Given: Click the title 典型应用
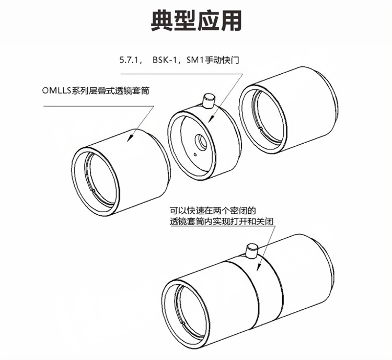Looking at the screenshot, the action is (196, 20).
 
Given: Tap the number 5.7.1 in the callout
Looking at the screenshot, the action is (129, 61).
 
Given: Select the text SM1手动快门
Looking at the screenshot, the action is (213, 61).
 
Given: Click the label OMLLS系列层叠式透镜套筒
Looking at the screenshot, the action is (96, 90).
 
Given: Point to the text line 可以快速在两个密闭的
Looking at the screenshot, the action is (213, 211).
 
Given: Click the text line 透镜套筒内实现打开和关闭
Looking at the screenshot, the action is (222, 222).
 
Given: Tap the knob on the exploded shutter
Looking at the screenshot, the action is (209, 100).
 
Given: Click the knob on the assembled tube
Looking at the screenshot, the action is (252, 251).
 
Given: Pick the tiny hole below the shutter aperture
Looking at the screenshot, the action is (195, 154).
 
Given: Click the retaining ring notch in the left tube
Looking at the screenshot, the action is (94, 191).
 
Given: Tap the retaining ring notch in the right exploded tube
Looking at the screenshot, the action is (260, 129).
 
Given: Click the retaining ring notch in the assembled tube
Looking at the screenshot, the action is (183, 323).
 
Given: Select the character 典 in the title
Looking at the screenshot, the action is (162, 20).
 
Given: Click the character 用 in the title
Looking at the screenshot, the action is (230, 20).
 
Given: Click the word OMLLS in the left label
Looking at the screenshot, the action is (56, 90).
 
